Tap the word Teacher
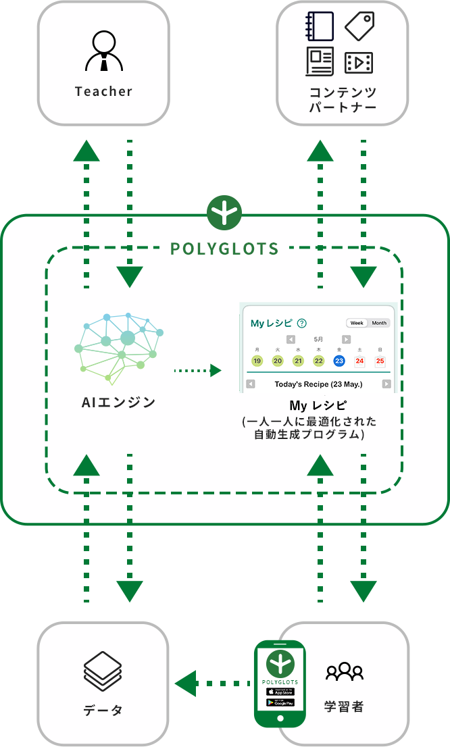pos(103,91)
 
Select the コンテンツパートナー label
pos(343,99)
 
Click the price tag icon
pos(359,26)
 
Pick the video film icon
pos(359,63)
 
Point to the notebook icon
pos(319,26)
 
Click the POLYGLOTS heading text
pos(224,249)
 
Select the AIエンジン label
pos(118,403)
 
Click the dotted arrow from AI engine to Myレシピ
pos(197,370)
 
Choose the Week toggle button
pos(357,323)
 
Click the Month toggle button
pos(379,323)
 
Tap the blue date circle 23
pos(339,361)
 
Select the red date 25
pos(380,361)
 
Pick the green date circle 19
pos(257,361)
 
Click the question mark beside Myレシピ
pos(301,324)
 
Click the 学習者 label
pos(344,706)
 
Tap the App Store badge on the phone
pos(280,692)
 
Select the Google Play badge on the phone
pos(280,702)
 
